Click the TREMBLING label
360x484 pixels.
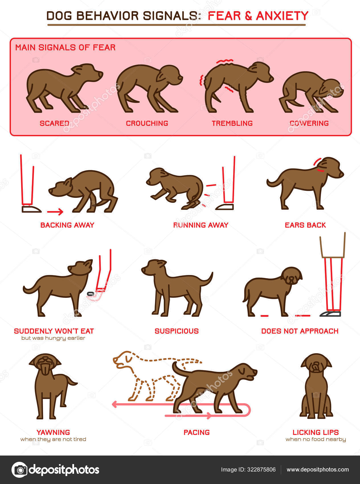[232, 123]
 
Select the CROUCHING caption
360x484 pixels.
[147, 123]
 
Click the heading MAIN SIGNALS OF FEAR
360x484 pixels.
[65, 48]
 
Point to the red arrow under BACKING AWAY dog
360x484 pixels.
[55, 212]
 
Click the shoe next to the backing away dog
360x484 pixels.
[31, 209]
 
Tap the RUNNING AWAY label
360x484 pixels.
[201, 225]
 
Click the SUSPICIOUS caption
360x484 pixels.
[177, 331]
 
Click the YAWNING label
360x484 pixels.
[53, 432]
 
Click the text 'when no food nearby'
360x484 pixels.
[316, 439]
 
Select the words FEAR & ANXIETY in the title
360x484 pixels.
[258, 16]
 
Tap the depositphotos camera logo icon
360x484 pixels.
[19, 470]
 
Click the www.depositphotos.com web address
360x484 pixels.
[318, 470]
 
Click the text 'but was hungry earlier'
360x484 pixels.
[53, 338]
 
